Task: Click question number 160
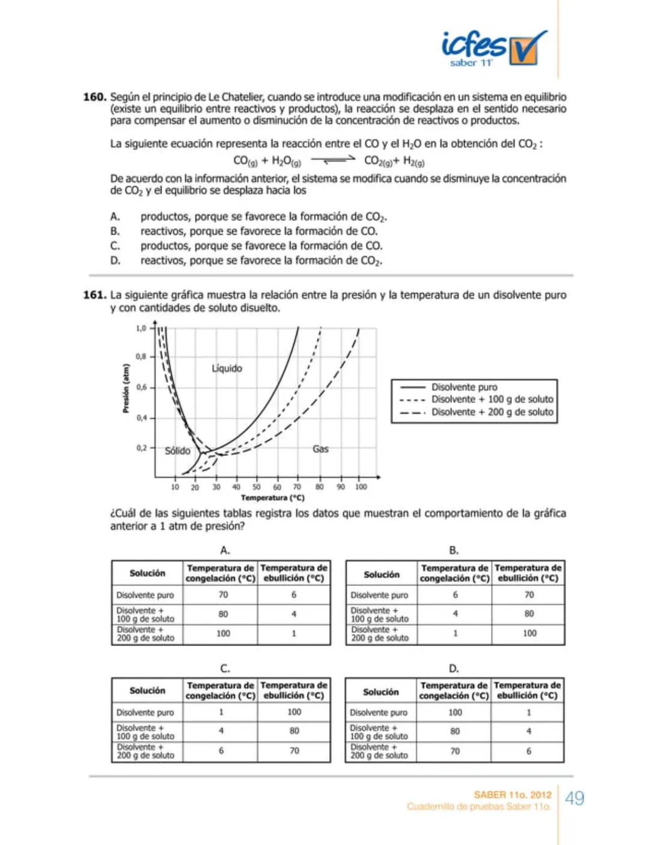[x=94, y=97]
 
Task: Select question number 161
[x=94, y=295]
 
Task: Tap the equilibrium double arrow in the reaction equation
[x=333, y=160]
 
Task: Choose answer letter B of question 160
[x=115, y=231]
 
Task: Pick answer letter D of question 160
[x=115, y=261]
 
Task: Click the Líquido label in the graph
[x=227, y=368]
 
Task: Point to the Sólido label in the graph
[x=177, y=451]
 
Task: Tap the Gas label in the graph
[x=320, y=449]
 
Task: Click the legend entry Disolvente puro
[x=464, y=388]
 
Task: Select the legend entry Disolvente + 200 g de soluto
[x=492, y=412]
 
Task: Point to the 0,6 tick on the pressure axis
[x=141, y=388]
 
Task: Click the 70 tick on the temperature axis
[x=297, y=487]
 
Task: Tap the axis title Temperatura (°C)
[x=272, y=498]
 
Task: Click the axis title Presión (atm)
[x=126, y=389]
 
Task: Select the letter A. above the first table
[x=225, y=551]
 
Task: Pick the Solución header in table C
[x=147, y=691]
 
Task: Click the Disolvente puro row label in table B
[x=379, y=596]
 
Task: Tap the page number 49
[x=574, y=799]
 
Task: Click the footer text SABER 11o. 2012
[x=513, y=795]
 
